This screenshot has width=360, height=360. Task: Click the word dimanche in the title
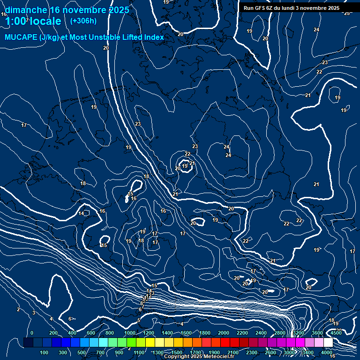tap(25, 10)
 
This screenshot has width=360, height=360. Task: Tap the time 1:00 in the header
tap(15, 21)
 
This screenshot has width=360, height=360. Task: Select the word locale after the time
tap(45, 21)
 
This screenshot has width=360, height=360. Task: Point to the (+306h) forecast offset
tap(83, 21)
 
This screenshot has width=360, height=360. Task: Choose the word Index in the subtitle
tap(154, 37)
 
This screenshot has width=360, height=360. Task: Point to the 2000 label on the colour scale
tap(224, 333)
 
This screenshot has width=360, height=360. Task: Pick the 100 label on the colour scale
tap(45, 352)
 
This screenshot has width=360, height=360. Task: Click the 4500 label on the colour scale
tap(336, 333)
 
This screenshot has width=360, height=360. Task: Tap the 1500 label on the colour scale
tap(177, 352)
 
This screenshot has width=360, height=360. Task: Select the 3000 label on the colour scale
tap(289, 352)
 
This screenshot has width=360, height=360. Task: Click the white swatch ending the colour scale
tap(328, 343)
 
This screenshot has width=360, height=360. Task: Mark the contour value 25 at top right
tap(347, 13)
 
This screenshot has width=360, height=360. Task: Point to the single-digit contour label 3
tap(34, 313)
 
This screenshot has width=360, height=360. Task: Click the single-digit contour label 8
tap(142, 304)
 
